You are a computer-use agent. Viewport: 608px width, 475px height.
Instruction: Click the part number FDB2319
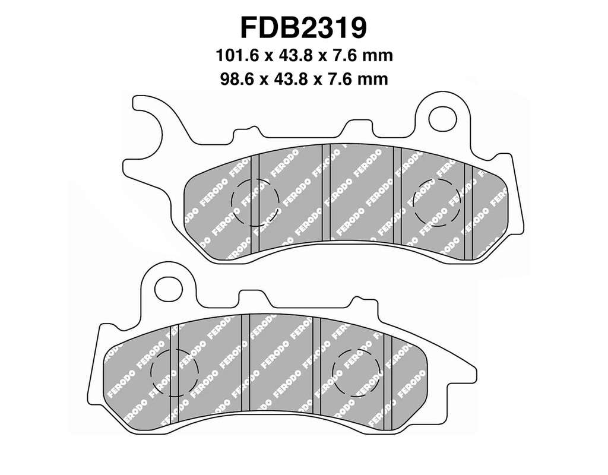[303, 27]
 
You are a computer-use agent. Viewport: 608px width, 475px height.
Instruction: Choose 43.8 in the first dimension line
[296, 55]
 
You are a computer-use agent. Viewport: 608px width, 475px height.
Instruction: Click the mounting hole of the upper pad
[443, 117]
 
